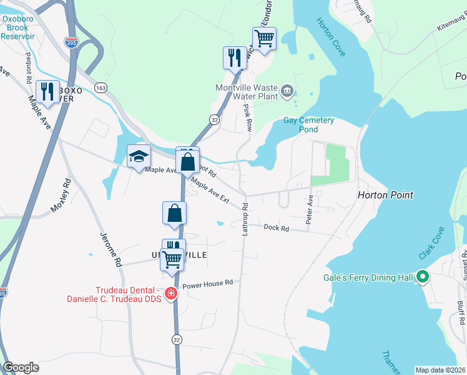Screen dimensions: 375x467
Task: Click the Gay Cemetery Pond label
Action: (309, 125)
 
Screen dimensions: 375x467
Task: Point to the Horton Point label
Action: (385, 195)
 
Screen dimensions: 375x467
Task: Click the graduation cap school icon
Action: (139, 156)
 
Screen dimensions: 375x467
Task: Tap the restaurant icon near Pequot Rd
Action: (47, 91)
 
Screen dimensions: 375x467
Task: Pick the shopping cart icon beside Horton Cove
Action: (264, 39)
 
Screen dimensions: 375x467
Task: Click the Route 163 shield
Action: (100, 88)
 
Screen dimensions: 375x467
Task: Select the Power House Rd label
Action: (207, 282)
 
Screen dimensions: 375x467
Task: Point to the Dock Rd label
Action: (276, 228)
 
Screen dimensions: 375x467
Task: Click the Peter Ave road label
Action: (309, 210)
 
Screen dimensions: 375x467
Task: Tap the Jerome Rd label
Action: (110, 249)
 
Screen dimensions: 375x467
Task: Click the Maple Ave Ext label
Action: (211, 192)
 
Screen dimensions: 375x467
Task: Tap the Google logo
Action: (21, 367)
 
